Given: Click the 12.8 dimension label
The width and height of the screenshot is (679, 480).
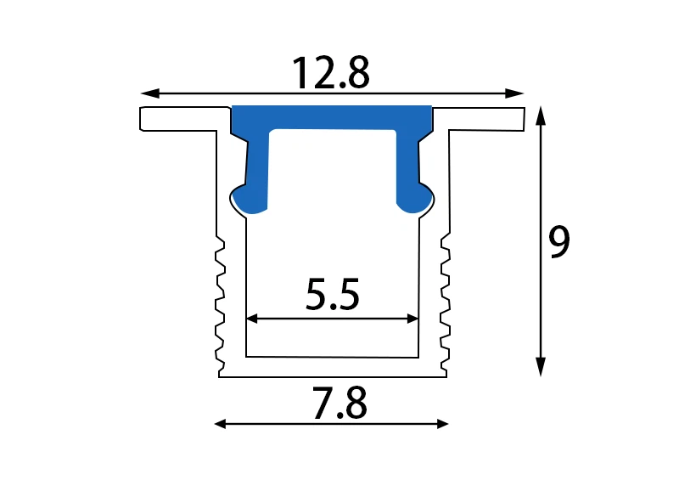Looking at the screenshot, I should (331, 73).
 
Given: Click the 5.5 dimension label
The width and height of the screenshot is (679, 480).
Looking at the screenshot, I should (333, 296).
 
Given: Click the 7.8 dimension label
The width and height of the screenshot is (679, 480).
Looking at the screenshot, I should (339, 405).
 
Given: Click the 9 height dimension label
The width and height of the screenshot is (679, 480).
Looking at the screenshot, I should (559, 243).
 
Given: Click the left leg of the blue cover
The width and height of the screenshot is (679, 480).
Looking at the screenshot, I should (258, 166).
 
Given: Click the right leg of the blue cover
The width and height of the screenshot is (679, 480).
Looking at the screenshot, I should (407, 166).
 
